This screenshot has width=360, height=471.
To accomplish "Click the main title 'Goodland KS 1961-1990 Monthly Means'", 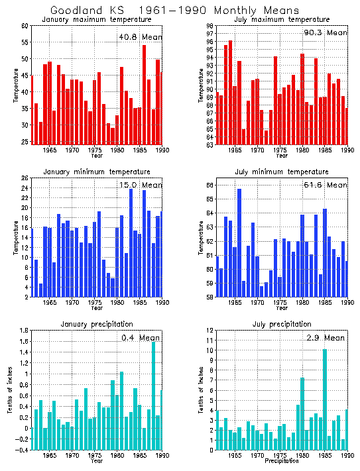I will tap(174, 10).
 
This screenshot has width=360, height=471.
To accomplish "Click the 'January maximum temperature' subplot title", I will tap(97, 19).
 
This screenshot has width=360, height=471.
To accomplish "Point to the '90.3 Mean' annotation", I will tap(325, 32).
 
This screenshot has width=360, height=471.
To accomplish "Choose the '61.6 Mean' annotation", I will tap(325, 185).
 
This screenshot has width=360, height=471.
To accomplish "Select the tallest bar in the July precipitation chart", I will tap(325, 397).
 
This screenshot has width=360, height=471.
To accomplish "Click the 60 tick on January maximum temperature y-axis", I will tap(25, 26).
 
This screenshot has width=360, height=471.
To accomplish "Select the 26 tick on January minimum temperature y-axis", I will tap(25, 178).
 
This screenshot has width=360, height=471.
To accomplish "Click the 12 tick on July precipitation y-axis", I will tap(210, 331).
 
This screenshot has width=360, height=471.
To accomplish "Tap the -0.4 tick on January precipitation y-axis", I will tap(23, 450).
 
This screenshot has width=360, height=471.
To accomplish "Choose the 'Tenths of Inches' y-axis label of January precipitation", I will tap(10, 390).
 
